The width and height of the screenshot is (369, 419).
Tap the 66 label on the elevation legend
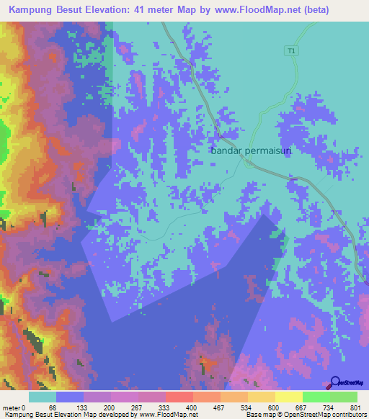tap(52, 407)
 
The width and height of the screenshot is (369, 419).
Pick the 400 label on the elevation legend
tap(190, 407)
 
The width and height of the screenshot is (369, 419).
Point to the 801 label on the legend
tap(353, 407)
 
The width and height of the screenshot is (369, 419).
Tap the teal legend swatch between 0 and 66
tap(43, 397)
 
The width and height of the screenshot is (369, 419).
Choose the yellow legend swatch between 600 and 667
tap(288, 397)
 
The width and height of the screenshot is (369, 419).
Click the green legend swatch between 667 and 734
tap(316, 397)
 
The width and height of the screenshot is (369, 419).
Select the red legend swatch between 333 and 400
tap(179, 397)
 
